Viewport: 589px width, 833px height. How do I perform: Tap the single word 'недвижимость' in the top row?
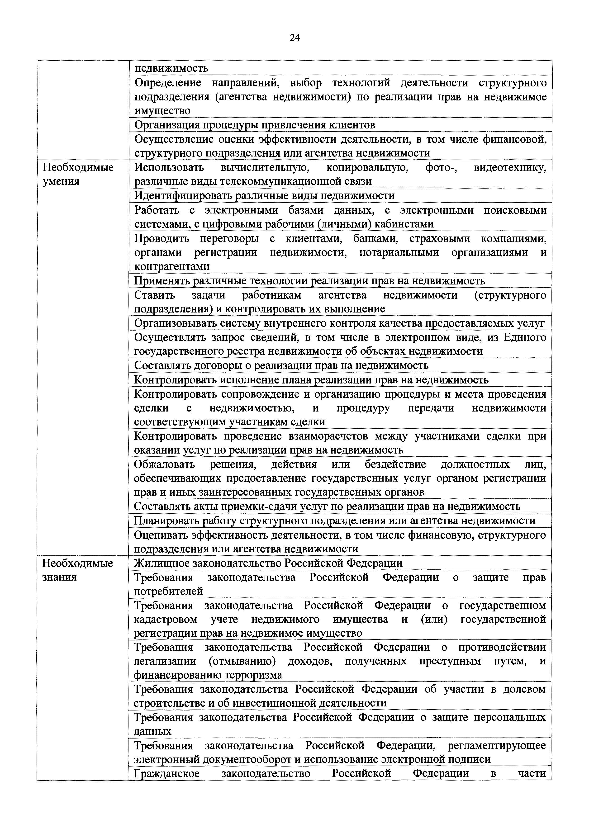tap(171, 68)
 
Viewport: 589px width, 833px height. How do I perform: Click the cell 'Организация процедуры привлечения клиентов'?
tap(255, 125)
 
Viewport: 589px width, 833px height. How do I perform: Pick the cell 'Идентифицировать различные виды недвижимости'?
tap(264, 196)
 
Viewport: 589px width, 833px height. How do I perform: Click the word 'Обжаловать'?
tap(164, 464)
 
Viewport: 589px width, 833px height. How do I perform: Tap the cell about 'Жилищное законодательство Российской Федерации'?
tap(268, 563)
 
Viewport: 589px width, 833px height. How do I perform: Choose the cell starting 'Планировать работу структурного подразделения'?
tap(334, 521)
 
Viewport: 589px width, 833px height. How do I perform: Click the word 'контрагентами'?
tap(172, 266)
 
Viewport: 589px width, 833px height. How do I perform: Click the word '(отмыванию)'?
tap(242, 661)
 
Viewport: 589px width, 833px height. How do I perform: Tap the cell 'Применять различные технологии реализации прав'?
tap(309, 281)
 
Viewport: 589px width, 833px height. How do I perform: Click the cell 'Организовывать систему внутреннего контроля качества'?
tap(339, 323)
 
